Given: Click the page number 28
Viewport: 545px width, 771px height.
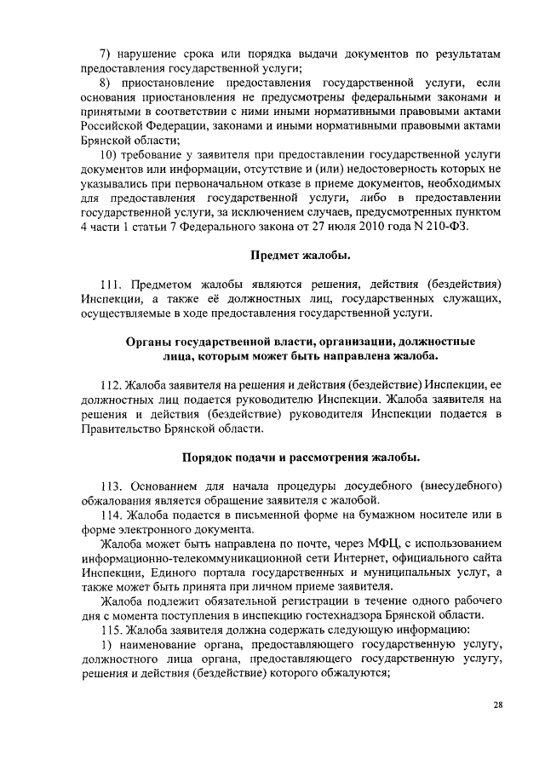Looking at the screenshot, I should (498, 705).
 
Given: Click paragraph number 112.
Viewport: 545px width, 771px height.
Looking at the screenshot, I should (112, 384).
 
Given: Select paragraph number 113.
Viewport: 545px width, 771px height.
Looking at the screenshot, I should (112, 486).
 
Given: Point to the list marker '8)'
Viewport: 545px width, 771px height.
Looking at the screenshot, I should (107, 83).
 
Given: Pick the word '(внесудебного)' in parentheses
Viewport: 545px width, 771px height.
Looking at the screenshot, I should (456, 486).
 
